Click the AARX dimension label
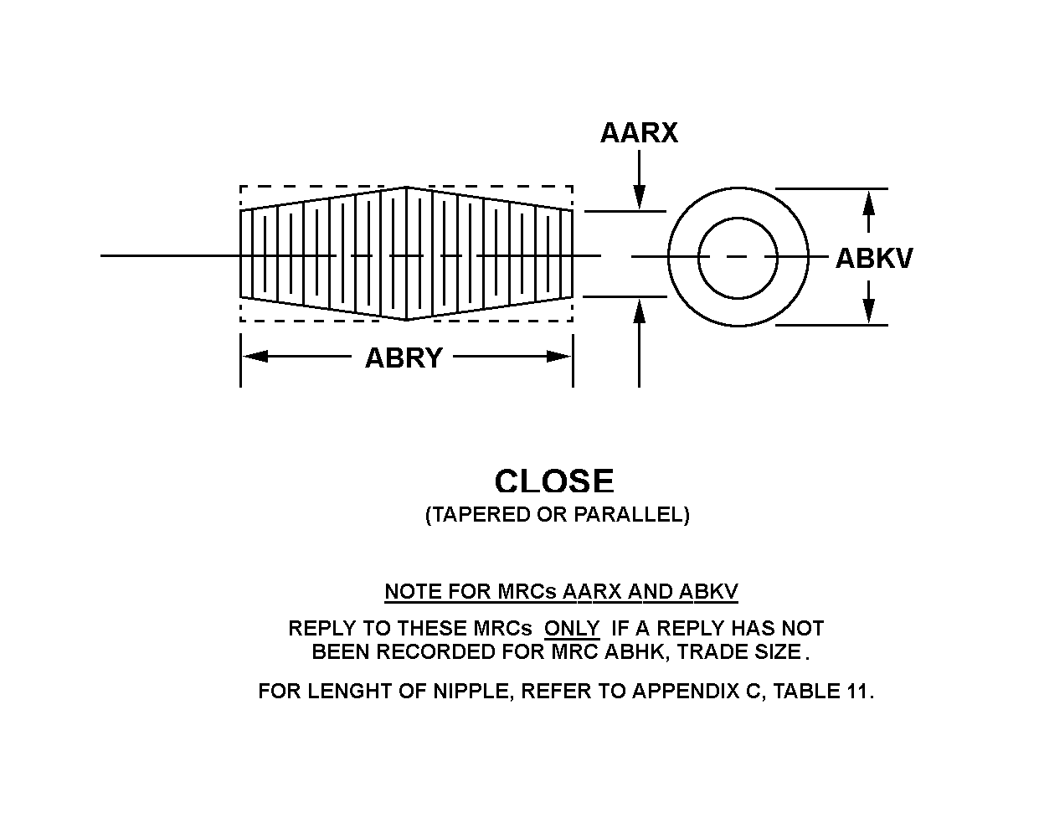pyautogui.click(x=639, y=132)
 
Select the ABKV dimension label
pyautogui.click(x=874, y=259)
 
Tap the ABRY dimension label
pyautogui.click(x=403, y=358)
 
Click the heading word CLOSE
pyautogui.click(x=554, y=481)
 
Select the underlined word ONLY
pyautogui.click(x=572, y=628)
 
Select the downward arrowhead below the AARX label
pyautogui.click(x=639, y=198)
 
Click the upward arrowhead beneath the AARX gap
pyautogui.click(x=639, y=308)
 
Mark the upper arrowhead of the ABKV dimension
pyautogui.click(x=869, y=202)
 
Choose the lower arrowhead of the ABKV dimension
pyautogui.click(x=869, y=311)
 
